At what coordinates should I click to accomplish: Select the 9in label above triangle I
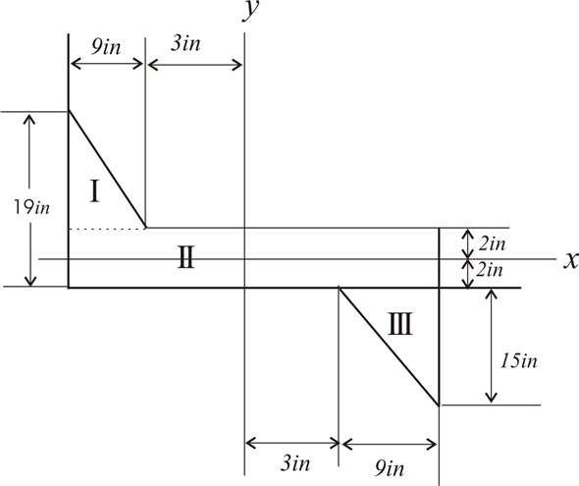coord(106,47)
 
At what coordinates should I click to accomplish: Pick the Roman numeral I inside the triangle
coord(94,190)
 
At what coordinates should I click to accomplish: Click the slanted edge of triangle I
coord(108,169)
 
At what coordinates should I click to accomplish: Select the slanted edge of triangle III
coord(389,346)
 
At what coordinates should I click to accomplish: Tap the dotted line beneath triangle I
coord(107,228)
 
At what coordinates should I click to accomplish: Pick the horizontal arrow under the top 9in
coord(107,66)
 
